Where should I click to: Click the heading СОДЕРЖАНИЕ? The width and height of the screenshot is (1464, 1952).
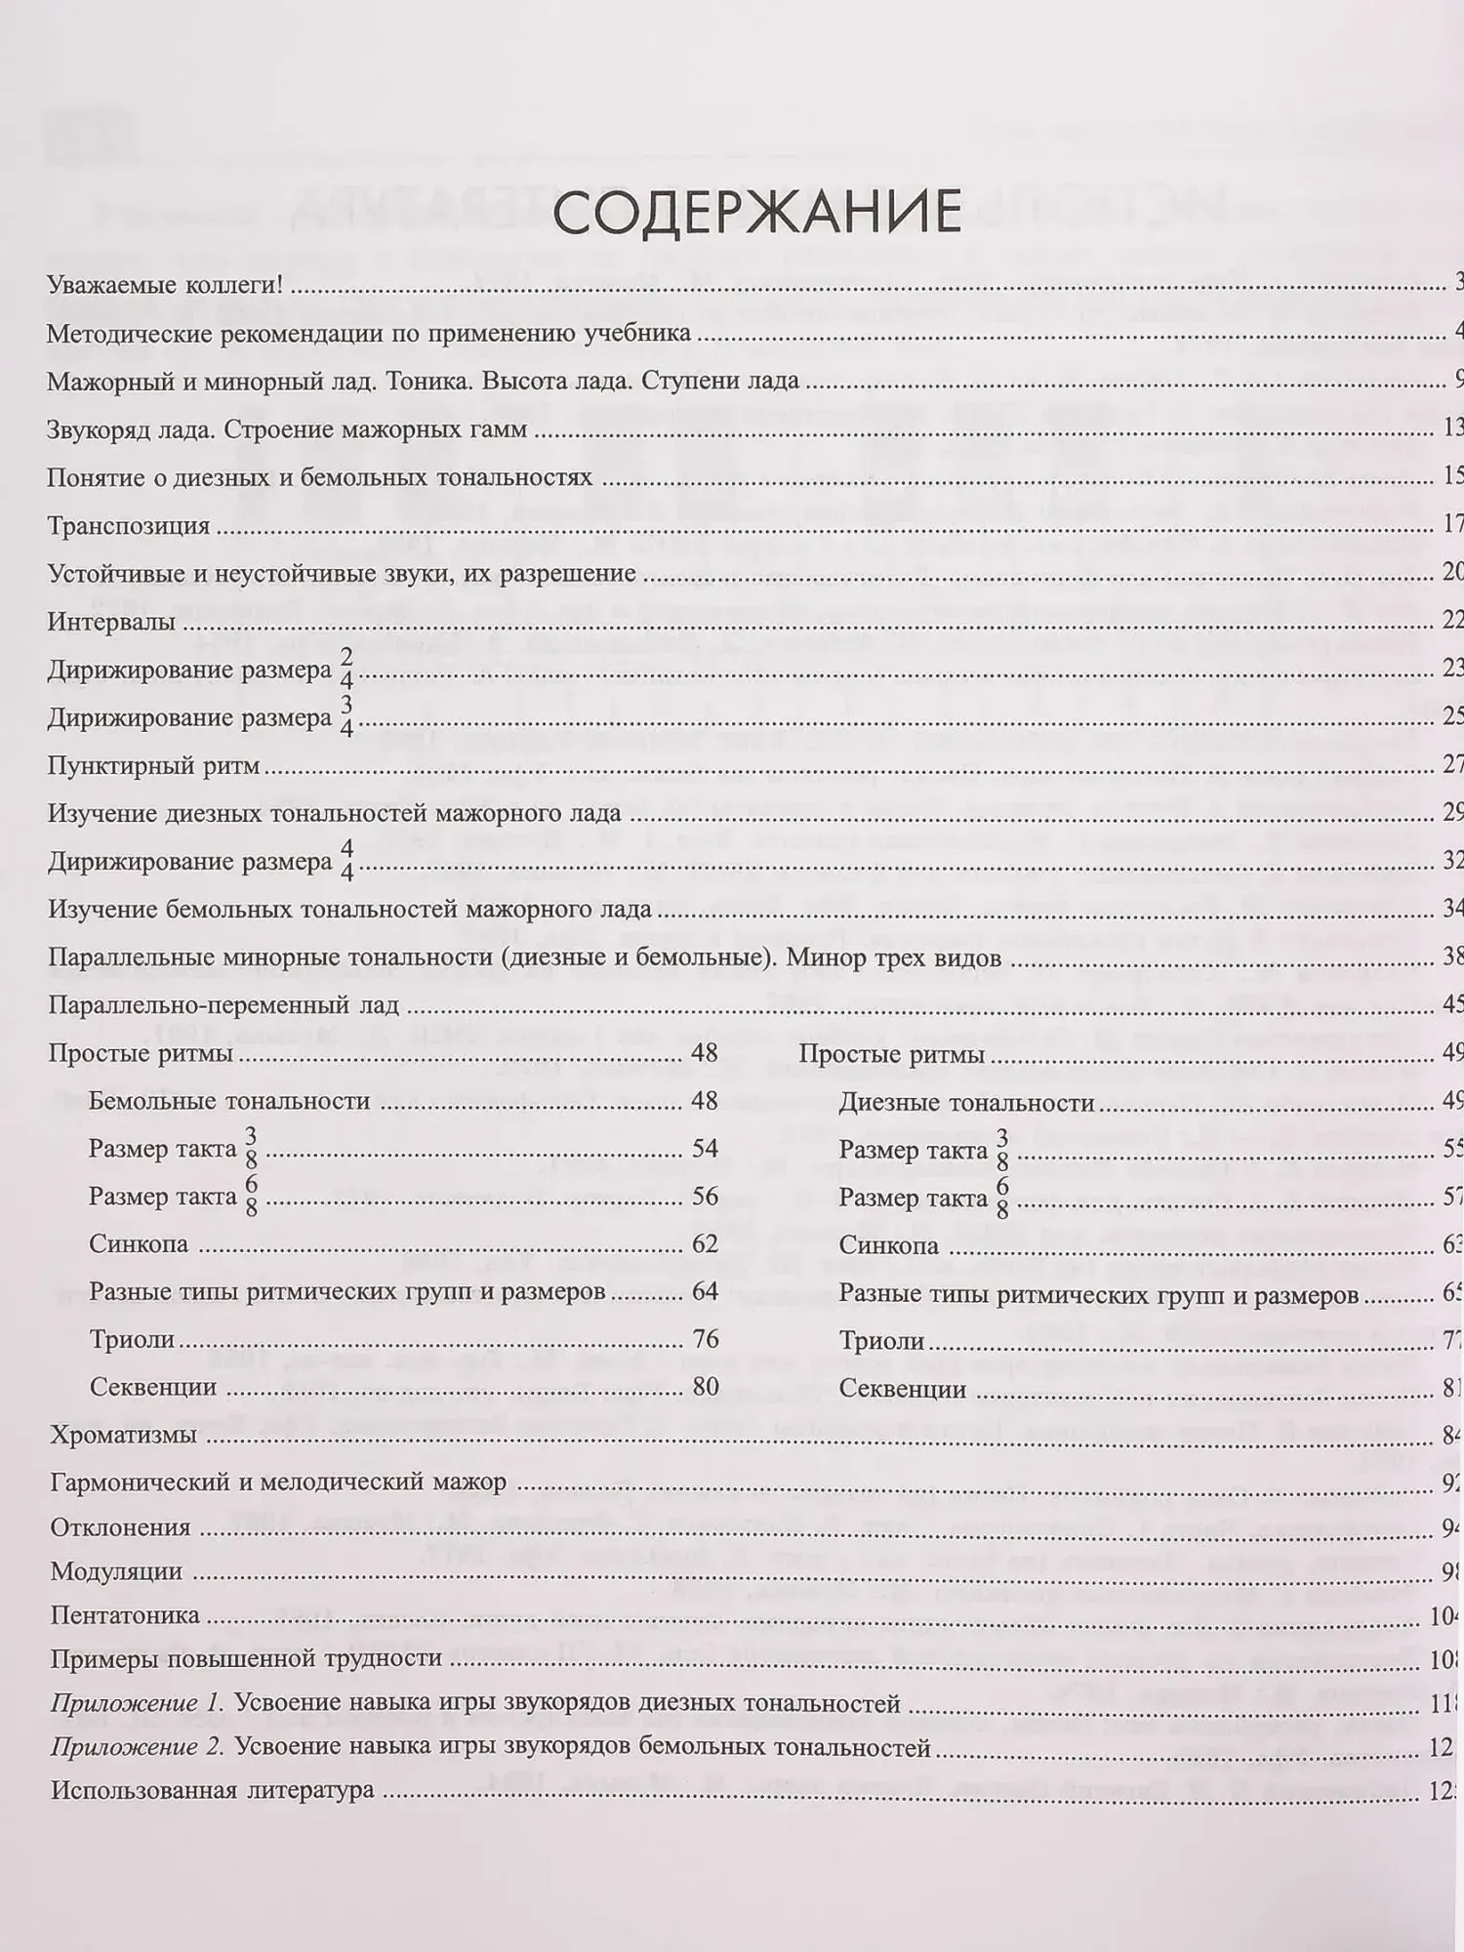coord(756,213)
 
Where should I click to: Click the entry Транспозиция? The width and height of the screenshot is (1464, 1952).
coord(129,526)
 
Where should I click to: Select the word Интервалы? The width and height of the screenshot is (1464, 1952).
coord(111,622)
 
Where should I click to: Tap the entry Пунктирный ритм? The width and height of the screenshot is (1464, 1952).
coord(153,765)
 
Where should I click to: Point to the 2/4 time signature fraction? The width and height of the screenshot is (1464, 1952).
coord(346,670)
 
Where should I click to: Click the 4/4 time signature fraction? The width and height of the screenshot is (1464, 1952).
coord(346,861)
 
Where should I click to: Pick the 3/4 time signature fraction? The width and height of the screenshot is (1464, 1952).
coord(346,717)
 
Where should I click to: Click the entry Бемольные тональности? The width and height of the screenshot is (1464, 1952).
coord(229,1101)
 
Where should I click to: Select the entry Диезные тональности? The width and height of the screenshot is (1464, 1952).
coord(966,1103)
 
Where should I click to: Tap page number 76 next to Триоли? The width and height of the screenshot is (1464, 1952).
coord(705,1339)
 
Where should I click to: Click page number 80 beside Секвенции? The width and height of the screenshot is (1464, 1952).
coord(705,1387)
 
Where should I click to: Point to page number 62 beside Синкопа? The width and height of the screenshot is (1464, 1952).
coord(705,1243)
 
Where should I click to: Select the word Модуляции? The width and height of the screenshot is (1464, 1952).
coord(116,1571)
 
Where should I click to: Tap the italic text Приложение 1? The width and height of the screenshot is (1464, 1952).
coord(138,1704)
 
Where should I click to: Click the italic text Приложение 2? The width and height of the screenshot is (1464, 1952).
coord(138,1748)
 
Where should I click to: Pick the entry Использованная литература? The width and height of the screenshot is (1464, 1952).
coord(212,1791)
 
